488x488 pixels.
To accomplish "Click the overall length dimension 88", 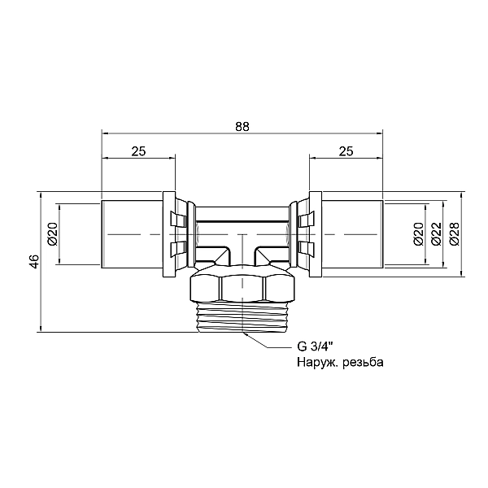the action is point(242,127).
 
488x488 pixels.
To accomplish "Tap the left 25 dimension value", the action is point(138,151).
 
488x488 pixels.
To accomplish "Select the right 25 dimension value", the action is point(346,151).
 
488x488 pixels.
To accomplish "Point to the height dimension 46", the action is point(35,261).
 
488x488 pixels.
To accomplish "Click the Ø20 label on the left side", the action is point(53,234).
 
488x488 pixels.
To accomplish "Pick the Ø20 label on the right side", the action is point(419,234).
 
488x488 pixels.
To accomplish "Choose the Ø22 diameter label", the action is point(437,234).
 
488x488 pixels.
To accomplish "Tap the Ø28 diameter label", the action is point(455,234).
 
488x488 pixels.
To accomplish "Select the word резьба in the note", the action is point(363,362).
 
